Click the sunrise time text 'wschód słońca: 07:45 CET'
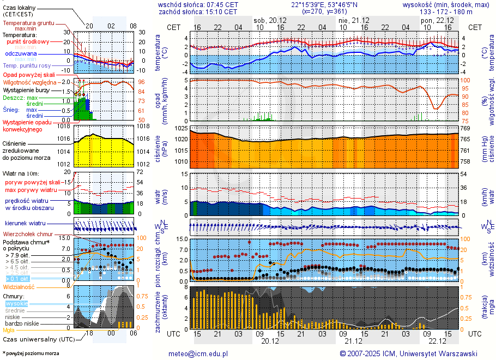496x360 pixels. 198,4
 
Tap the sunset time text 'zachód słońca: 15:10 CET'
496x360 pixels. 198,11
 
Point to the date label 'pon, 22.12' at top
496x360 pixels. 434,20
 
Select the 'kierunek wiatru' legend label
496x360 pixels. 25,224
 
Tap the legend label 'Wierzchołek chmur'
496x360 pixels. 28,233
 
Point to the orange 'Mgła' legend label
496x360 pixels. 9,330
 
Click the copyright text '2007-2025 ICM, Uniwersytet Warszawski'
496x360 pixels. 412,353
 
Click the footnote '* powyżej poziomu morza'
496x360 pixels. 31,353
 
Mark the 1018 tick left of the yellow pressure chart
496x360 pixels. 65,126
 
